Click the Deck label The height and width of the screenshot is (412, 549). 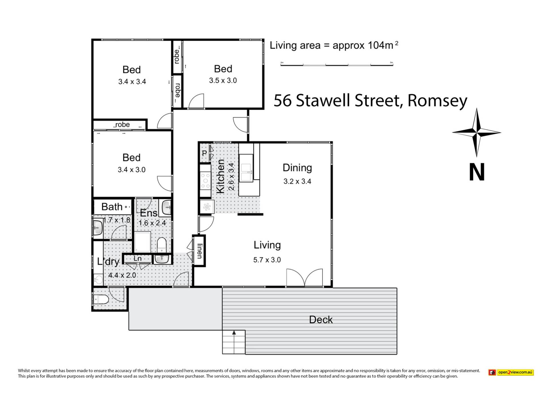coord(321,320)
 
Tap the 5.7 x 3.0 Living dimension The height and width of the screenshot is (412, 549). coord(267,260)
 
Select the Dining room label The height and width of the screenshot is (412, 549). coord(297,168)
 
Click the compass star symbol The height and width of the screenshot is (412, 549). coord(476,132)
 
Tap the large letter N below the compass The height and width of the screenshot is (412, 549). coord(477,172)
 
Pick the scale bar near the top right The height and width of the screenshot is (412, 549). coord(337,65)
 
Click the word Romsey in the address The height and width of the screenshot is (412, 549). coord(437,101)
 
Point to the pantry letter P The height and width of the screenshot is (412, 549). coord(204,153)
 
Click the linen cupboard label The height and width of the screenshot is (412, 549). coord(200,251)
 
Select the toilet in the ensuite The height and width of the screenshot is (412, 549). coord(162,245)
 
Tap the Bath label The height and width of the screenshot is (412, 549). coord(112,207)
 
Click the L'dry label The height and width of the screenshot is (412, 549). coord(108,262)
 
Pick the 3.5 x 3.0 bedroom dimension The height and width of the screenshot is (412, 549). coord(223,80)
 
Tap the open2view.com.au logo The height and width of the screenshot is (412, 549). coord(511,372)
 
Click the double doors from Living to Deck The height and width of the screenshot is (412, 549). coord(305,278)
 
